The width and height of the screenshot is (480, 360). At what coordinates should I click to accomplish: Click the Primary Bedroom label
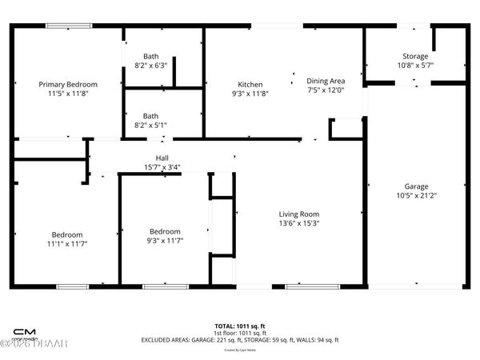click(69, 84)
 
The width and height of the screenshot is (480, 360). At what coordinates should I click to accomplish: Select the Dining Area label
click(326, 81)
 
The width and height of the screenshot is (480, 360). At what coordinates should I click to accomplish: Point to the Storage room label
click(415, 56)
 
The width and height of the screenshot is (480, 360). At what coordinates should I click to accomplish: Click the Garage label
click(416, 186)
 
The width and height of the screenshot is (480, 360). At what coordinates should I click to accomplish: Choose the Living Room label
click(299, 214)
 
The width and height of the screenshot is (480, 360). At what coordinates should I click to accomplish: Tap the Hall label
click(162, 158)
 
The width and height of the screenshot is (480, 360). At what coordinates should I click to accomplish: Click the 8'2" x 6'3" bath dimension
click(150, 66)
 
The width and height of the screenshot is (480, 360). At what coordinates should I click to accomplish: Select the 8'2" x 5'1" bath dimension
click(150, 125)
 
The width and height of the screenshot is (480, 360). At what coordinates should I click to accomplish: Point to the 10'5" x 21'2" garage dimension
click(416, 195)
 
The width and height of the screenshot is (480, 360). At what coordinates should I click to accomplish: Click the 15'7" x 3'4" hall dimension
click(162, 167)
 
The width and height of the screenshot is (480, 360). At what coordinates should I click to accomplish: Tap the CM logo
click(24, 331)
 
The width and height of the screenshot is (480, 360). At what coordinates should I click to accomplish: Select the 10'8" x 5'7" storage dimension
click(415, 66)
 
